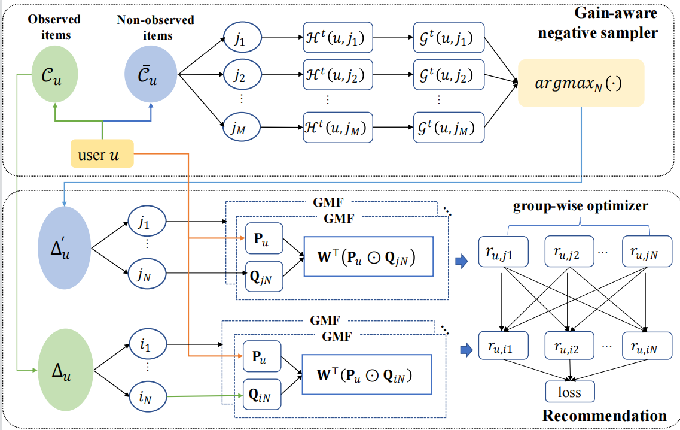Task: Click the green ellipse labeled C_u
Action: (x=54, y=75)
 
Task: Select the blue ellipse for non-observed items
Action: (x=150, y=75)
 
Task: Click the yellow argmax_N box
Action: (x=581, y=83)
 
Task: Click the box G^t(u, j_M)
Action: (x=446, y=128)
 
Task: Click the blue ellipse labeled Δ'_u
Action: (x=63, y=247)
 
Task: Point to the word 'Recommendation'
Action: (x=604, y=416)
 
